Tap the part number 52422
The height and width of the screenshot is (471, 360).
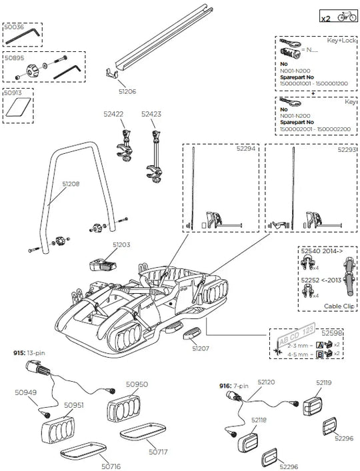point(114,115)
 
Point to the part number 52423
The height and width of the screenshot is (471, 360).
point(151,115)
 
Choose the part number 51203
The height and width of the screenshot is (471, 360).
point(121,245)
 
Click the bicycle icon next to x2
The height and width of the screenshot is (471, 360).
point(347,18)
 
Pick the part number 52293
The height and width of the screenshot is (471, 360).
point(346,150)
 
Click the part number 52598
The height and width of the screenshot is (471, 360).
point(349,332)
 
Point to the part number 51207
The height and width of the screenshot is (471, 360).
point(201,348)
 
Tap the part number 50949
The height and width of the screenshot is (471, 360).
point(25,393)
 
